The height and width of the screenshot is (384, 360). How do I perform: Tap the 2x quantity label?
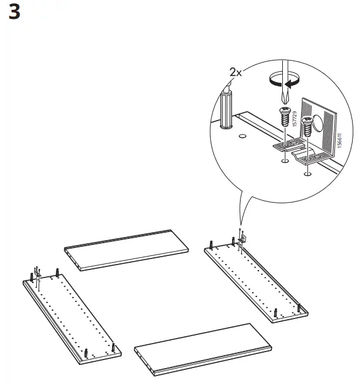coord(236,72)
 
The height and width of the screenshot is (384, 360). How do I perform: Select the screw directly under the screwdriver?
coord(284,116)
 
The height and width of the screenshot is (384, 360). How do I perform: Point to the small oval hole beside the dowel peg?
coord(242,137)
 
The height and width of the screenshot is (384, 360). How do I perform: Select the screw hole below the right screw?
coord(307,173)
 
